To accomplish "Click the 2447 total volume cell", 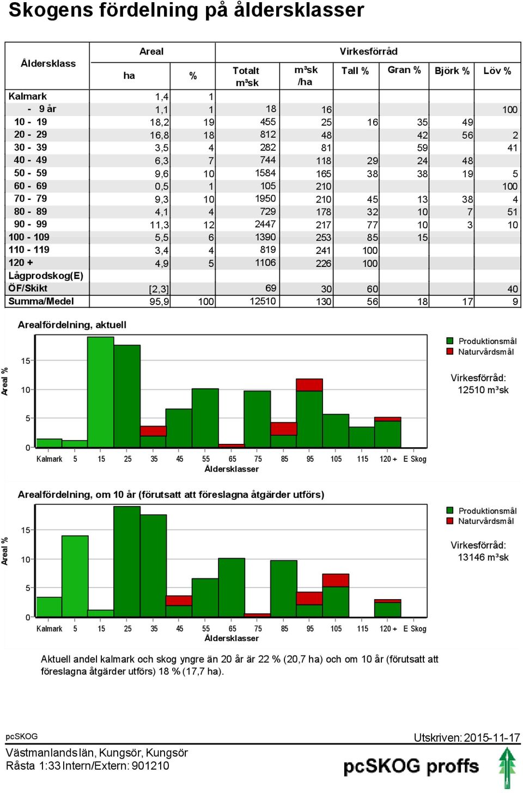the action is pos(265,224).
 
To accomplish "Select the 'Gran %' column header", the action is pos(404,70).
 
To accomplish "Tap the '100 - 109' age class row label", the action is pos(29,237).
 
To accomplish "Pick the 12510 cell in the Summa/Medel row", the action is pos(263,301).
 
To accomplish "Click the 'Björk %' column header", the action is pos(452,71).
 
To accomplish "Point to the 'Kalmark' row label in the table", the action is pos(28,96).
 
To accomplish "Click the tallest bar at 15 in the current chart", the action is pos(101,392).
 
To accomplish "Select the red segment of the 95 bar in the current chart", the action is pos(309,385).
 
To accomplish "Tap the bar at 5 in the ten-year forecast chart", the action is pos(75,576).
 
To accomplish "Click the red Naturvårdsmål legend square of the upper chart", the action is pos(449,351).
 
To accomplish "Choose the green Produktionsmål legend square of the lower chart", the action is pos(449,510).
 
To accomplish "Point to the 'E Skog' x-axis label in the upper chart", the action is pos(415,459).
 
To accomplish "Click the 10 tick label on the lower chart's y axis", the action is pos(26,559).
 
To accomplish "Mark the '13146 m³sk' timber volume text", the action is pos(483,557).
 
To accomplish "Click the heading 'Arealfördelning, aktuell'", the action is pos(72,325).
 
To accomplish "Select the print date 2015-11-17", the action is pos(492,737).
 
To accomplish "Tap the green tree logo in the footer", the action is pos(507,768).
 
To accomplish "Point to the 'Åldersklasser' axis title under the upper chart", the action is pos(232,469).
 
